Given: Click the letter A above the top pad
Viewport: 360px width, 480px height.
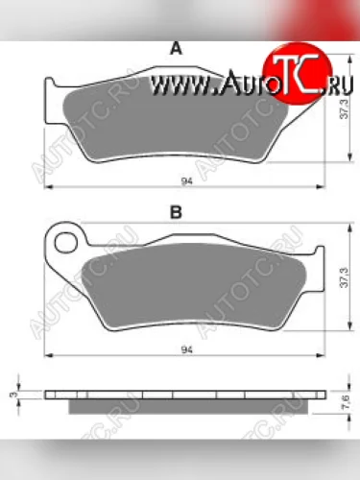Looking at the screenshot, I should click(x=175, y=47).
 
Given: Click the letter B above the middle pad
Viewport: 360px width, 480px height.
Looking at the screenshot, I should click(x=176, y=213).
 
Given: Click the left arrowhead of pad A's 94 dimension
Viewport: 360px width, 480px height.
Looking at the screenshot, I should click(x=49, y=185).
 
